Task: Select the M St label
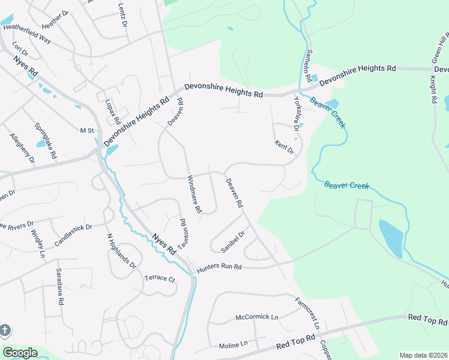coord(87,130)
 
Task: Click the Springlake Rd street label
coord(46,140)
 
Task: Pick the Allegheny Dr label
coord(22,149)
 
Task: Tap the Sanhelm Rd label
coord(307,65)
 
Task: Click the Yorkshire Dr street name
coord(296,112)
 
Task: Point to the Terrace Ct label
coord(159,279)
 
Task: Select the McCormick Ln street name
coord(257,316)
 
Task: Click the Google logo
coord(19,353)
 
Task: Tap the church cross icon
coord(5,331)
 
